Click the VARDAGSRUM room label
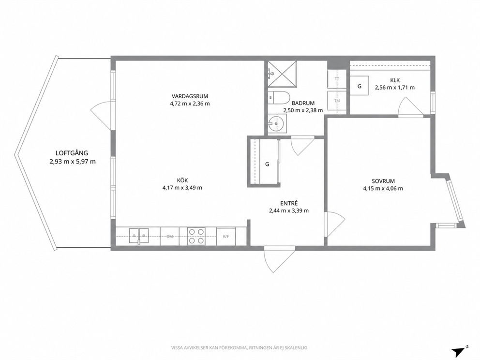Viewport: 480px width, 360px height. click(x=190, y=96)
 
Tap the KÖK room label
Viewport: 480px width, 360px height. click(x=182, y=180)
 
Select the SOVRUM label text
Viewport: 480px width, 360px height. click(x=383, y=181)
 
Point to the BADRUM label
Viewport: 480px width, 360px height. click(x=303, y=103)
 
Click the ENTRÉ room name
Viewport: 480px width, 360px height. click(x=289, y=203)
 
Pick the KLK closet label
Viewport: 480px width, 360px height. click(x=395, y=80)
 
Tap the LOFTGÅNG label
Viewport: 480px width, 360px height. click(x=72, y=153)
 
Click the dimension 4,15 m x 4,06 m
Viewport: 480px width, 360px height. click(x=383, y=189)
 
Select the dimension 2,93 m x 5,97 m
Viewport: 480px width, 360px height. click(x=73, y=161)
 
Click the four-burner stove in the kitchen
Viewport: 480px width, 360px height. click(x=196, y=236)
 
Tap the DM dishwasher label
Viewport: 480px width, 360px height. click(x=170, y=236)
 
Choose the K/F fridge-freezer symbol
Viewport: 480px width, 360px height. click(x=225, y=236)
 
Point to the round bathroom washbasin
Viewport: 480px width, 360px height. click(x=277, y=124)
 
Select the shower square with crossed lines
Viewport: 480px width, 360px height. click(x=282, y=75)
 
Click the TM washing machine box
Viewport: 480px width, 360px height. click(x=337, y=101)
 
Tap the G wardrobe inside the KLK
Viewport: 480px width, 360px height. click(x=359, y=86)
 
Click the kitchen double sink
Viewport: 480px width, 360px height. click(x=139, y=236)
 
